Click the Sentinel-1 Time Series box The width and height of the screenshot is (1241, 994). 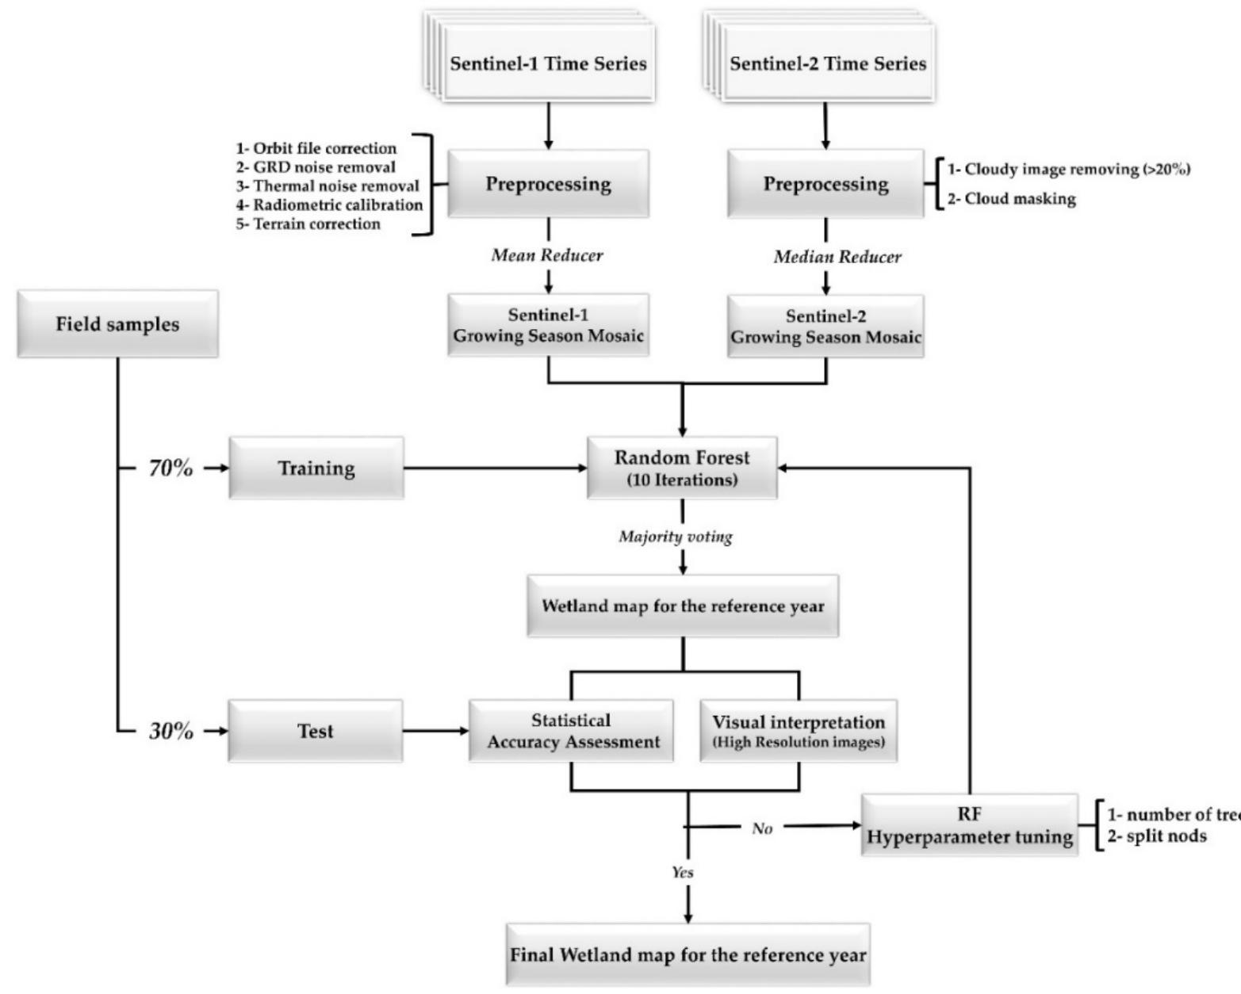click(x=549, y=64)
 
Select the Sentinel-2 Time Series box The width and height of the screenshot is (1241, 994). click(x=828, y=64)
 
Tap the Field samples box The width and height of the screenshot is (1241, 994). click(x=117, y=324)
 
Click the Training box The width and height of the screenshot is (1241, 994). click(x=316, y=468)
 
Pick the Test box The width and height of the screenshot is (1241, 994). click(x=316, y=731)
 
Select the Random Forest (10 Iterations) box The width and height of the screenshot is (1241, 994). click(x=682, y=468)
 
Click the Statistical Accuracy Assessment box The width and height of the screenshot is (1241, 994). click(x=572, y=731)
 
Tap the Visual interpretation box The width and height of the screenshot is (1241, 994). click(x=799, y=731)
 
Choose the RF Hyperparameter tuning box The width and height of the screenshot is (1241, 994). click(x=970, y=826)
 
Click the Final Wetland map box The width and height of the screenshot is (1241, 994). click(x=688, y=955)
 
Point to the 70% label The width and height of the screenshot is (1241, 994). click(x=170, y=468)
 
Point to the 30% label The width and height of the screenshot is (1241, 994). click(x=170, y=731)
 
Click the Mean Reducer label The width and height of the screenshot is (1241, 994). click(x=547, y=255)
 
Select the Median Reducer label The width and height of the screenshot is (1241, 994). click(x=837, y=257)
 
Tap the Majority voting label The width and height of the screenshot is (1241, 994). click(x=676, y=537)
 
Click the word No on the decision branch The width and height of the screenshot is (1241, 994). click(x=762, y=828)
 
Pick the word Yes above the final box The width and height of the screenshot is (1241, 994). click(x=682, y=872)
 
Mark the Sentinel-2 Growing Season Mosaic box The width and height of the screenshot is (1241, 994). click(x=825, y=327)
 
